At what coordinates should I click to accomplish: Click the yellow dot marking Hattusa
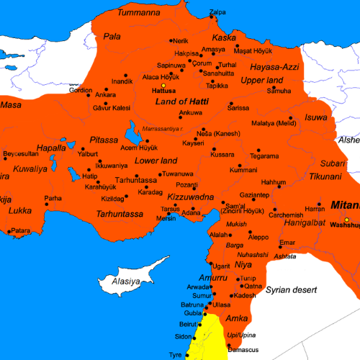coord(163,85)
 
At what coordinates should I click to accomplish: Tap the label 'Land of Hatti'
coord(181,102)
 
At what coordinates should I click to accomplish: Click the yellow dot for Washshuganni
coord(347,219)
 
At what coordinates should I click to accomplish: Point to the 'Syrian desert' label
coord(292,290)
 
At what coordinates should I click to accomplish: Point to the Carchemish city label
coord(284,215)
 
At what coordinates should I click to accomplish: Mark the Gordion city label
coord(80,90)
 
